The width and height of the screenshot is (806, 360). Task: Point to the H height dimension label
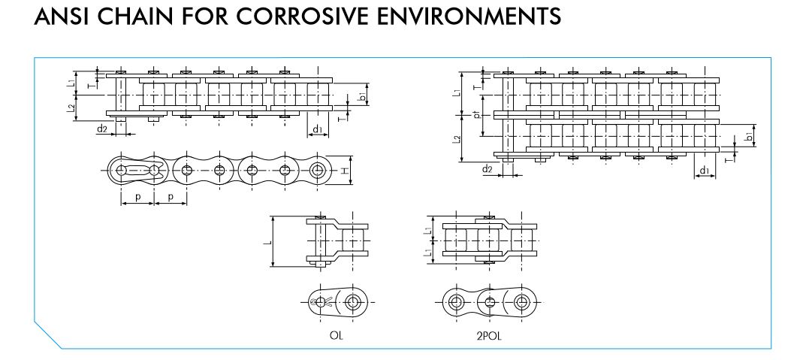coord(345,171)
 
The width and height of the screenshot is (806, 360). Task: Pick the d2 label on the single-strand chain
coord(101,129)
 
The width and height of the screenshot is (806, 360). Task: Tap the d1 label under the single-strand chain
coord(318,129)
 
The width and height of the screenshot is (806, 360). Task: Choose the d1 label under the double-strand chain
coord(705,171)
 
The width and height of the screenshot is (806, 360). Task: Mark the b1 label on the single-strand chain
coord(362,98)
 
